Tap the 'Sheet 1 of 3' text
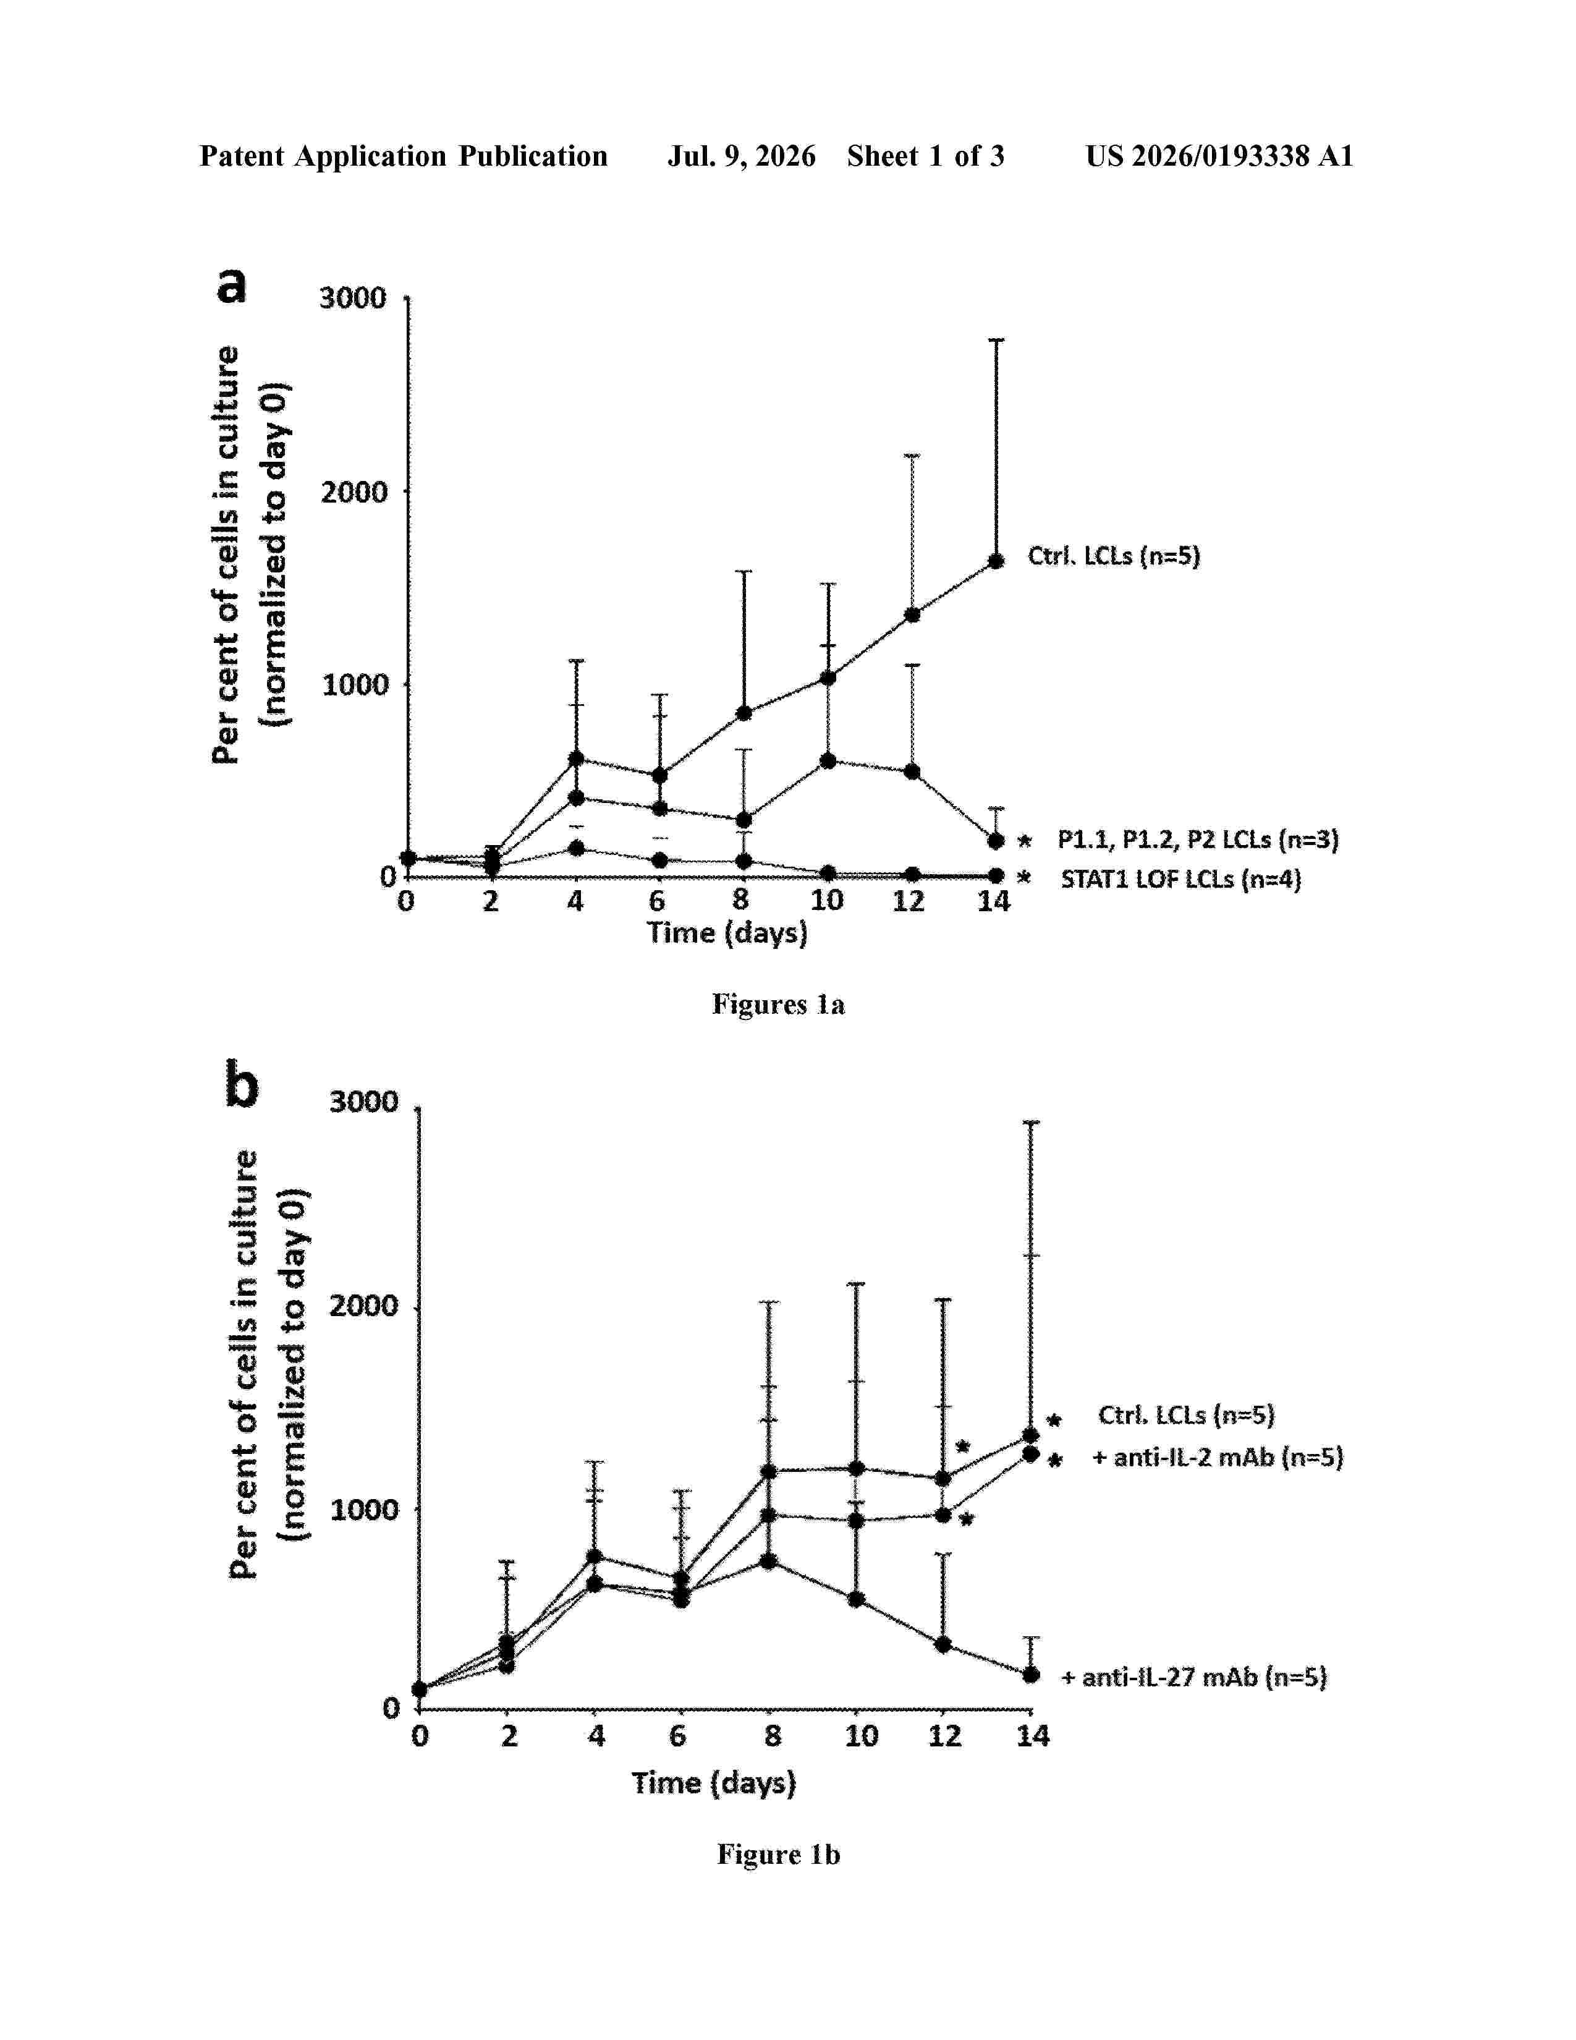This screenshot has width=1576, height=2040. click(925, 156)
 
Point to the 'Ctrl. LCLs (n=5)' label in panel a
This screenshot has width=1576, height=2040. click(1114, 557)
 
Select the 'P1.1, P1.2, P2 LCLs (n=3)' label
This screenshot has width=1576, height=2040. click(1198, 839)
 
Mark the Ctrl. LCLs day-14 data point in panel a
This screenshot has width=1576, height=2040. click(996, 561)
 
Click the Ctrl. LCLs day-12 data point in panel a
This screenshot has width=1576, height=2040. click(912, 614)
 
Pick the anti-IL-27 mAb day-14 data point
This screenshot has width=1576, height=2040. click(1031, 1675)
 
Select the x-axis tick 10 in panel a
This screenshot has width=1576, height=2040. click(826, 901)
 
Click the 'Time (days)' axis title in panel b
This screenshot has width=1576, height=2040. click(714, 1783)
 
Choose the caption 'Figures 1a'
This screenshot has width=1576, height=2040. click(779, 1004)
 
